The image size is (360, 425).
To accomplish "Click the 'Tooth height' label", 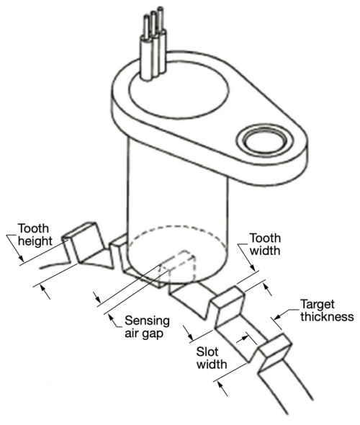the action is click(35, 235).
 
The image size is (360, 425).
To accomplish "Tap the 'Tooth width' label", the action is click(265, 244).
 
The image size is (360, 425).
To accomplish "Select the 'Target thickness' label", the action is click(327, 310).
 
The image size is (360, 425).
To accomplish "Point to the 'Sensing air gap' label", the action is click(147, 327).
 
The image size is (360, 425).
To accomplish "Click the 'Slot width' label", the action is click(212, 358).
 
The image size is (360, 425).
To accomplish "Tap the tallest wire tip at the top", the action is click(161, 9).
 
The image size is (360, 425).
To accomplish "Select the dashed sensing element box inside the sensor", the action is click(178, 267).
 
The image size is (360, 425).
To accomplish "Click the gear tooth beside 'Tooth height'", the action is click(84, 242).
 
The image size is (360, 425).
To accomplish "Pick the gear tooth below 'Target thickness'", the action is click(274, 352).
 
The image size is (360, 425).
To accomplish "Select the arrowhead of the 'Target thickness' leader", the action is click(276, 316).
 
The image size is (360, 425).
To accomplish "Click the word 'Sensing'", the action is click(147, 321).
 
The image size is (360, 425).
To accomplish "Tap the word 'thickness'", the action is click(327, 316).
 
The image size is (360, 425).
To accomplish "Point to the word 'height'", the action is click(35, 241).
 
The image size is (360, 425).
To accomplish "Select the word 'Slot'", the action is click(207, 352).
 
